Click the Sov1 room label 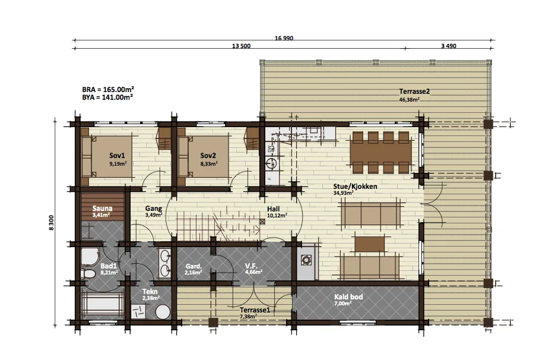tap(117, 156)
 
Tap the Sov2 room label tap(208, 156)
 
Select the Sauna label tap(102, 209)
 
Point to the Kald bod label tap(348, 297)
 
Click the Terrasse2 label tap(414, 91)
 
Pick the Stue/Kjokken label tap(355, 187)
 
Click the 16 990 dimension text tap(284, 38)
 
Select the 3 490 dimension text tap(449, 46)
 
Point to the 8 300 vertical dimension tap(51, 223)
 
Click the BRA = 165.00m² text tap(108, 89)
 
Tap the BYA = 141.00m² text tap(107, 97)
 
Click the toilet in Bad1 tap(88, 274)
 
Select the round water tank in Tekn tap(163, 312)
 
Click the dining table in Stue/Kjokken tap(381, 152)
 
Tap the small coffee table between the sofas tap(370, 244)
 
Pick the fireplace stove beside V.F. tap(306, 260)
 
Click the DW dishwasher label tap(269, 149)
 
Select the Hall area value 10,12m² tap(277, 216)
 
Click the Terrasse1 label tap(255, 310)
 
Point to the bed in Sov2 tap(203, 157)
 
